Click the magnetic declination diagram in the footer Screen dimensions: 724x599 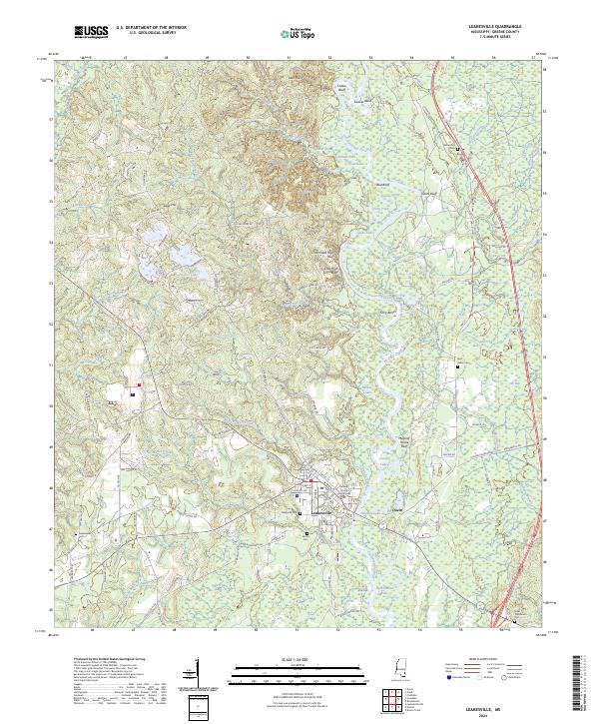click(194, 674)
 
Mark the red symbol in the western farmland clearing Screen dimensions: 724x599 click(139, 384)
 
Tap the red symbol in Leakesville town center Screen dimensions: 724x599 click(310, 482)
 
